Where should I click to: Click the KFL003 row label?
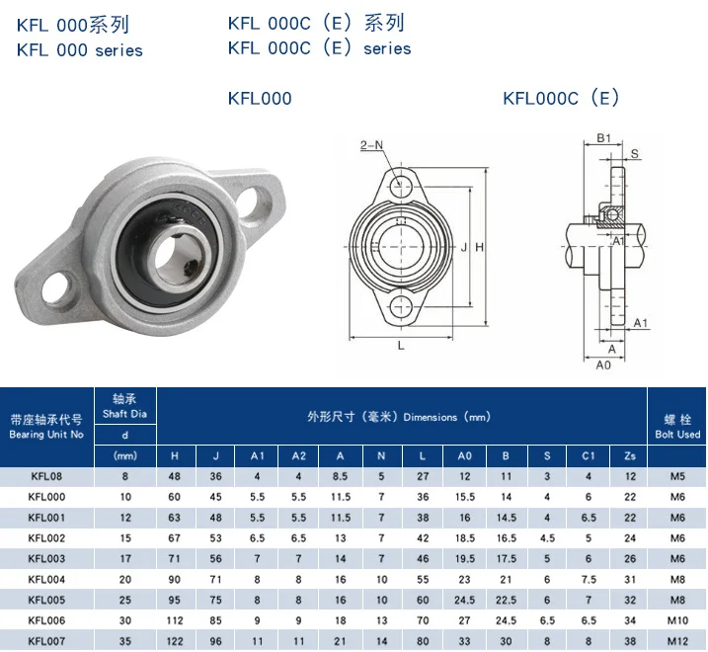[46, 558]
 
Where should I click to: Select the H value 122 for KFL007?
[175, 641]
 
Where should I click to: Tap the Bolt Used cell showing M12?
[677, 641]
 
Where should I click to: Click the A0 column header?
[464, 455]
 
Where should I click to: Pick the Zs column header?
[630, 455]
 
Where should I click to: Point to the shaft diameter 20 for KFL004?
[125, 579]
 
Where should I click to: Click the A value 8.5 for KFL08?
[340, 476]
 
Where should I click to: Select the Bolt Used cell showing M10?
[677, 620]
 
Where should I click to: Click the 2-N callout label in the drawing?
[371, 145]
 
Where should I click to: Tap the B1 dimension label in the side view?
[603, 138]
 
